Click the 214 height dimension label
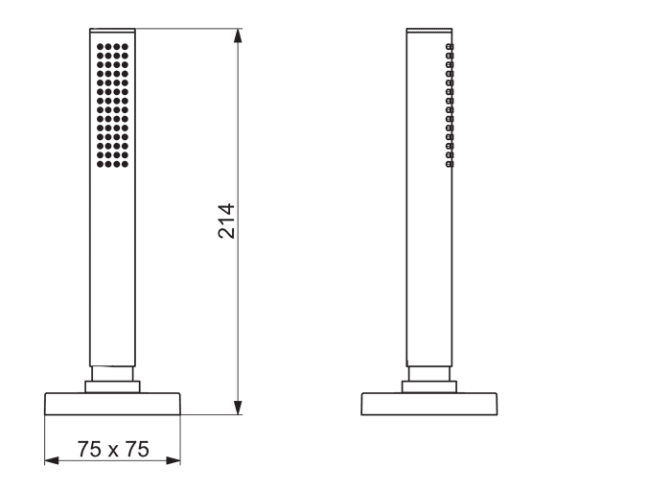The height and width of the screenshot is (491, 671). [x=226, y=221]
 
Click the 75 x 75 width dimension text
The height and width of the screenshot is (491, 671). [x=113, y=449]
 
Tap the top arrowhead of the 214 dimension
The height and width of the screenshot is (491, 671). [x=239, y=35]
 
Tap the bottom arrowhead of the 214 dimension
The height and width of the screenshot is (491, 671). [x=239, y=408]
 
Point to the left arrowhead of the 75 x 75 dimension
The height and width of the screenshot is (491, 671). [x=52, y=460]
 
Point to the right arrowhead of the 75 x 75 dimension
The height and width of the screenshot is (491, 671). [x=174, y=460]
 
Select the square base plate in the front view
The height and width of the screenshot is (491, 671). [x=112, y=404]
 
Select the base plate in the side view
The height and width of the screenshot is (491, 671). [x=429, y=404]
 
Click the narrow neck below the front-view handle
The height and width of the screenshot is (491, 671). [x=112, y=373]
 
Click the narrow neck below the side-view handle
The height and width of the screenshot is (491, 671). [x=429, y=373]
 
